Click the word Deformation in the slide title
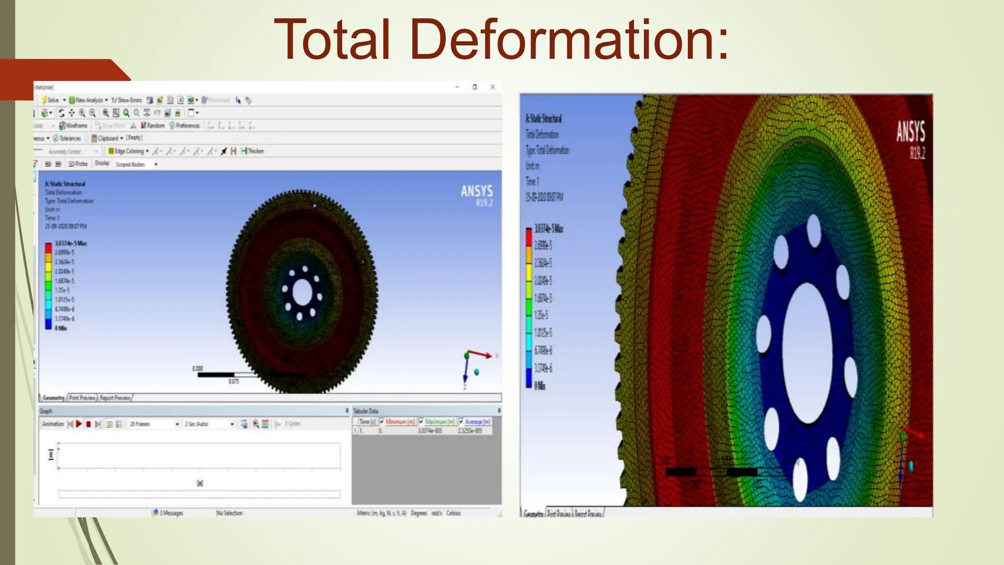pyautogui.click(x=569, y=39)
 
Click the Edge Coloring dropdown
pyautogui.click(x=128, y=151)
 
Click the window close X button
pyautogui.click(x=493, y=87)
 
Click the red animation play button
pyautogui.click(x=79, y=424)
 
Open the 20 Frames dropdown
pyautogui.click(x=154, y=424)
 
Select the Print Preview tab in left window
pyautogui.click(x=82, y=398)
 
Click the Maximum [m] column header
pyautogui.click(x=439, y=422)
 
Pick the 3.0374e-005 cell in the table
pyautogui.click(x=430, y=431)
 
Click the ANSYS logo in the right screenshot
pyautogui.click(x=910, y=132)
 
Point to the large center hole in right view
pyautogui.click(x=807, y=353)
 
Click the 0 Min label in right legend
pyautogui.click(x=539, y=386)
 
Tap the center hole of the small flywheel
pyautogui.click(x=302, y=293)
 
